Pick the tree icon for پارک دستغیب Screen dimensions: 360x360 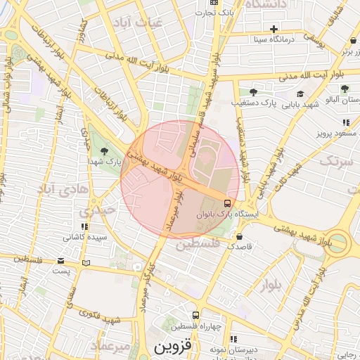[253, 92]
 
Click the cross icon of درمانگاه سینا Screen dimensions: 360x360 [274, 29]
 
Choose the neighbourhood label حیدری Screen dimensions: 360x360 [94, 210]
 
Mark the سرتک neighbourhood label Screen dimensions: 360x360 [335, 162]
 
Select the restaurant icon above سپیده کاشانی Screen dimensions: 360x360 [84, 226]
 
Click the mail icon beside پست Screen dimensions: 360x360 [86, 263]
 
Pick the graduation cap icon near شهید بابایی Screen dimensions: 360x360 [300, 94]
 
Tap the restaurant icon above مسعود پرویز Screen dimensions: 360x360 [346, 122]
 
